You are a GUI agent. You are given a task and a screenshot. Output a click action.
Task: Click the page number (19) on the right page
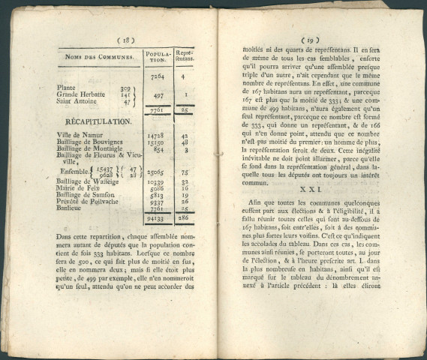pos(309,40)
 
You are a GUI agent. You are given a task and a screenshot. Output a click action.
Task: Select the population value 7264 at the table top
pos(158,76)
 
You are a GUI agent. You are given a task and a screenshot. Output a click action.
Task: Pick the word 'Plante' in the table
pos(67,88)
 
